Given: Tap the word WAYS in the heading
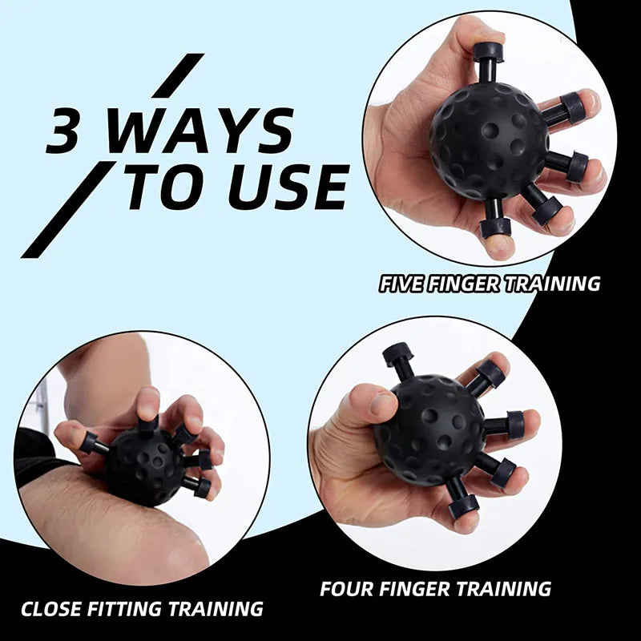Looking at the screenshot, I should tap(200, 131).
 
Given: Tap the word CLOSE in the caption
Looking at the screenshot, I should tap(53, 609).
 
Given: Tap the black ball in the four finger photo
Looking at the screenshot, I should tap(433, 429).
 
